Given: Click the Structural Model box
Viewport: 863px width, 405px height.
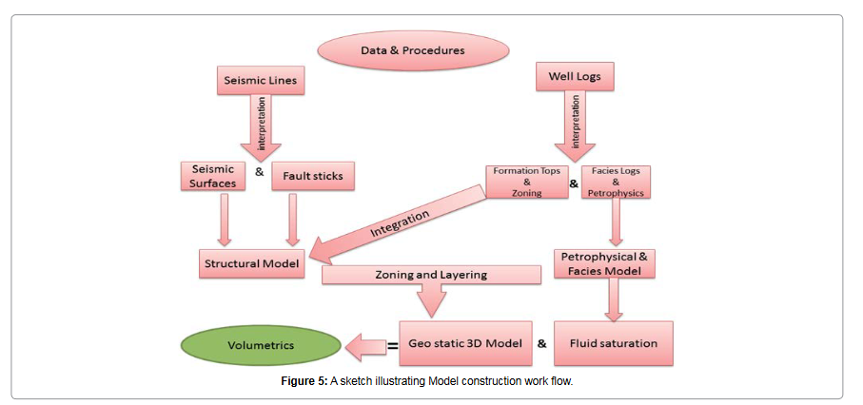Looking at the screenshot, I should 253,262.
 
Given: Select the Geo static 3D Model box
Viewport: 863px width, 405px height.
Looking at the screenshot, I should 464,343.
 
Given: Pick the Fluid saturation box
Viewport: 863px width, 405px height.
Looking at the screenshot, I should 614,343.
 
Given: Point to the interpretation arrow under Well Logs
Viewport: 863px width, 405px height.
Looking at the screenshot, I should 575,124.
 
